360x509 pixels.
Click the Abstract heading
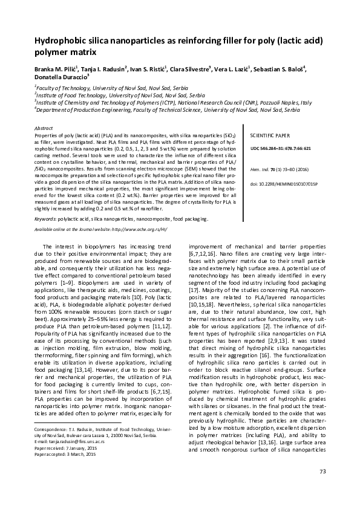[x=44, y=129]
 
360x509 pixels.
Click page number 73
[x=322, y=488]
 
